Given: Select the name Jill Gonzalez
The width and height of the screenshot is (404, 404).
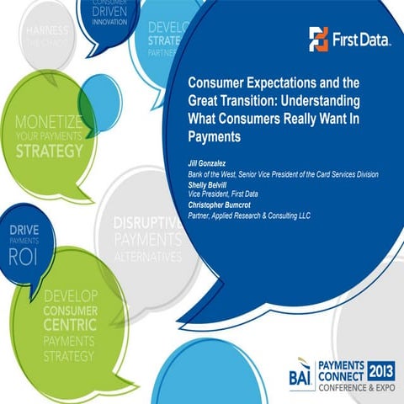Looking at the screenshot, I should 211,165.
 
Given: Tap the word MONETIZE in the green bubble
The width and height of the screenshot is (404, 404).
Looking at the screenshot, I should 48,121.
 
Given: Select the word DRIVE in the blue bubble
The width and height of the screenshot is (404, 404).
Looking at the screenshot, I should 24,228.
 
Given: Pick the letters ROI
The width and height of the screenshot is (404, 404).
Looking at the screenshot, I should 24,258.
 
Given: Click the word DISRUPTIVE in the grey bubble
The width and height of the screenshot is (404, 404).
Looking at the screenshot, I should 147,224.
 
